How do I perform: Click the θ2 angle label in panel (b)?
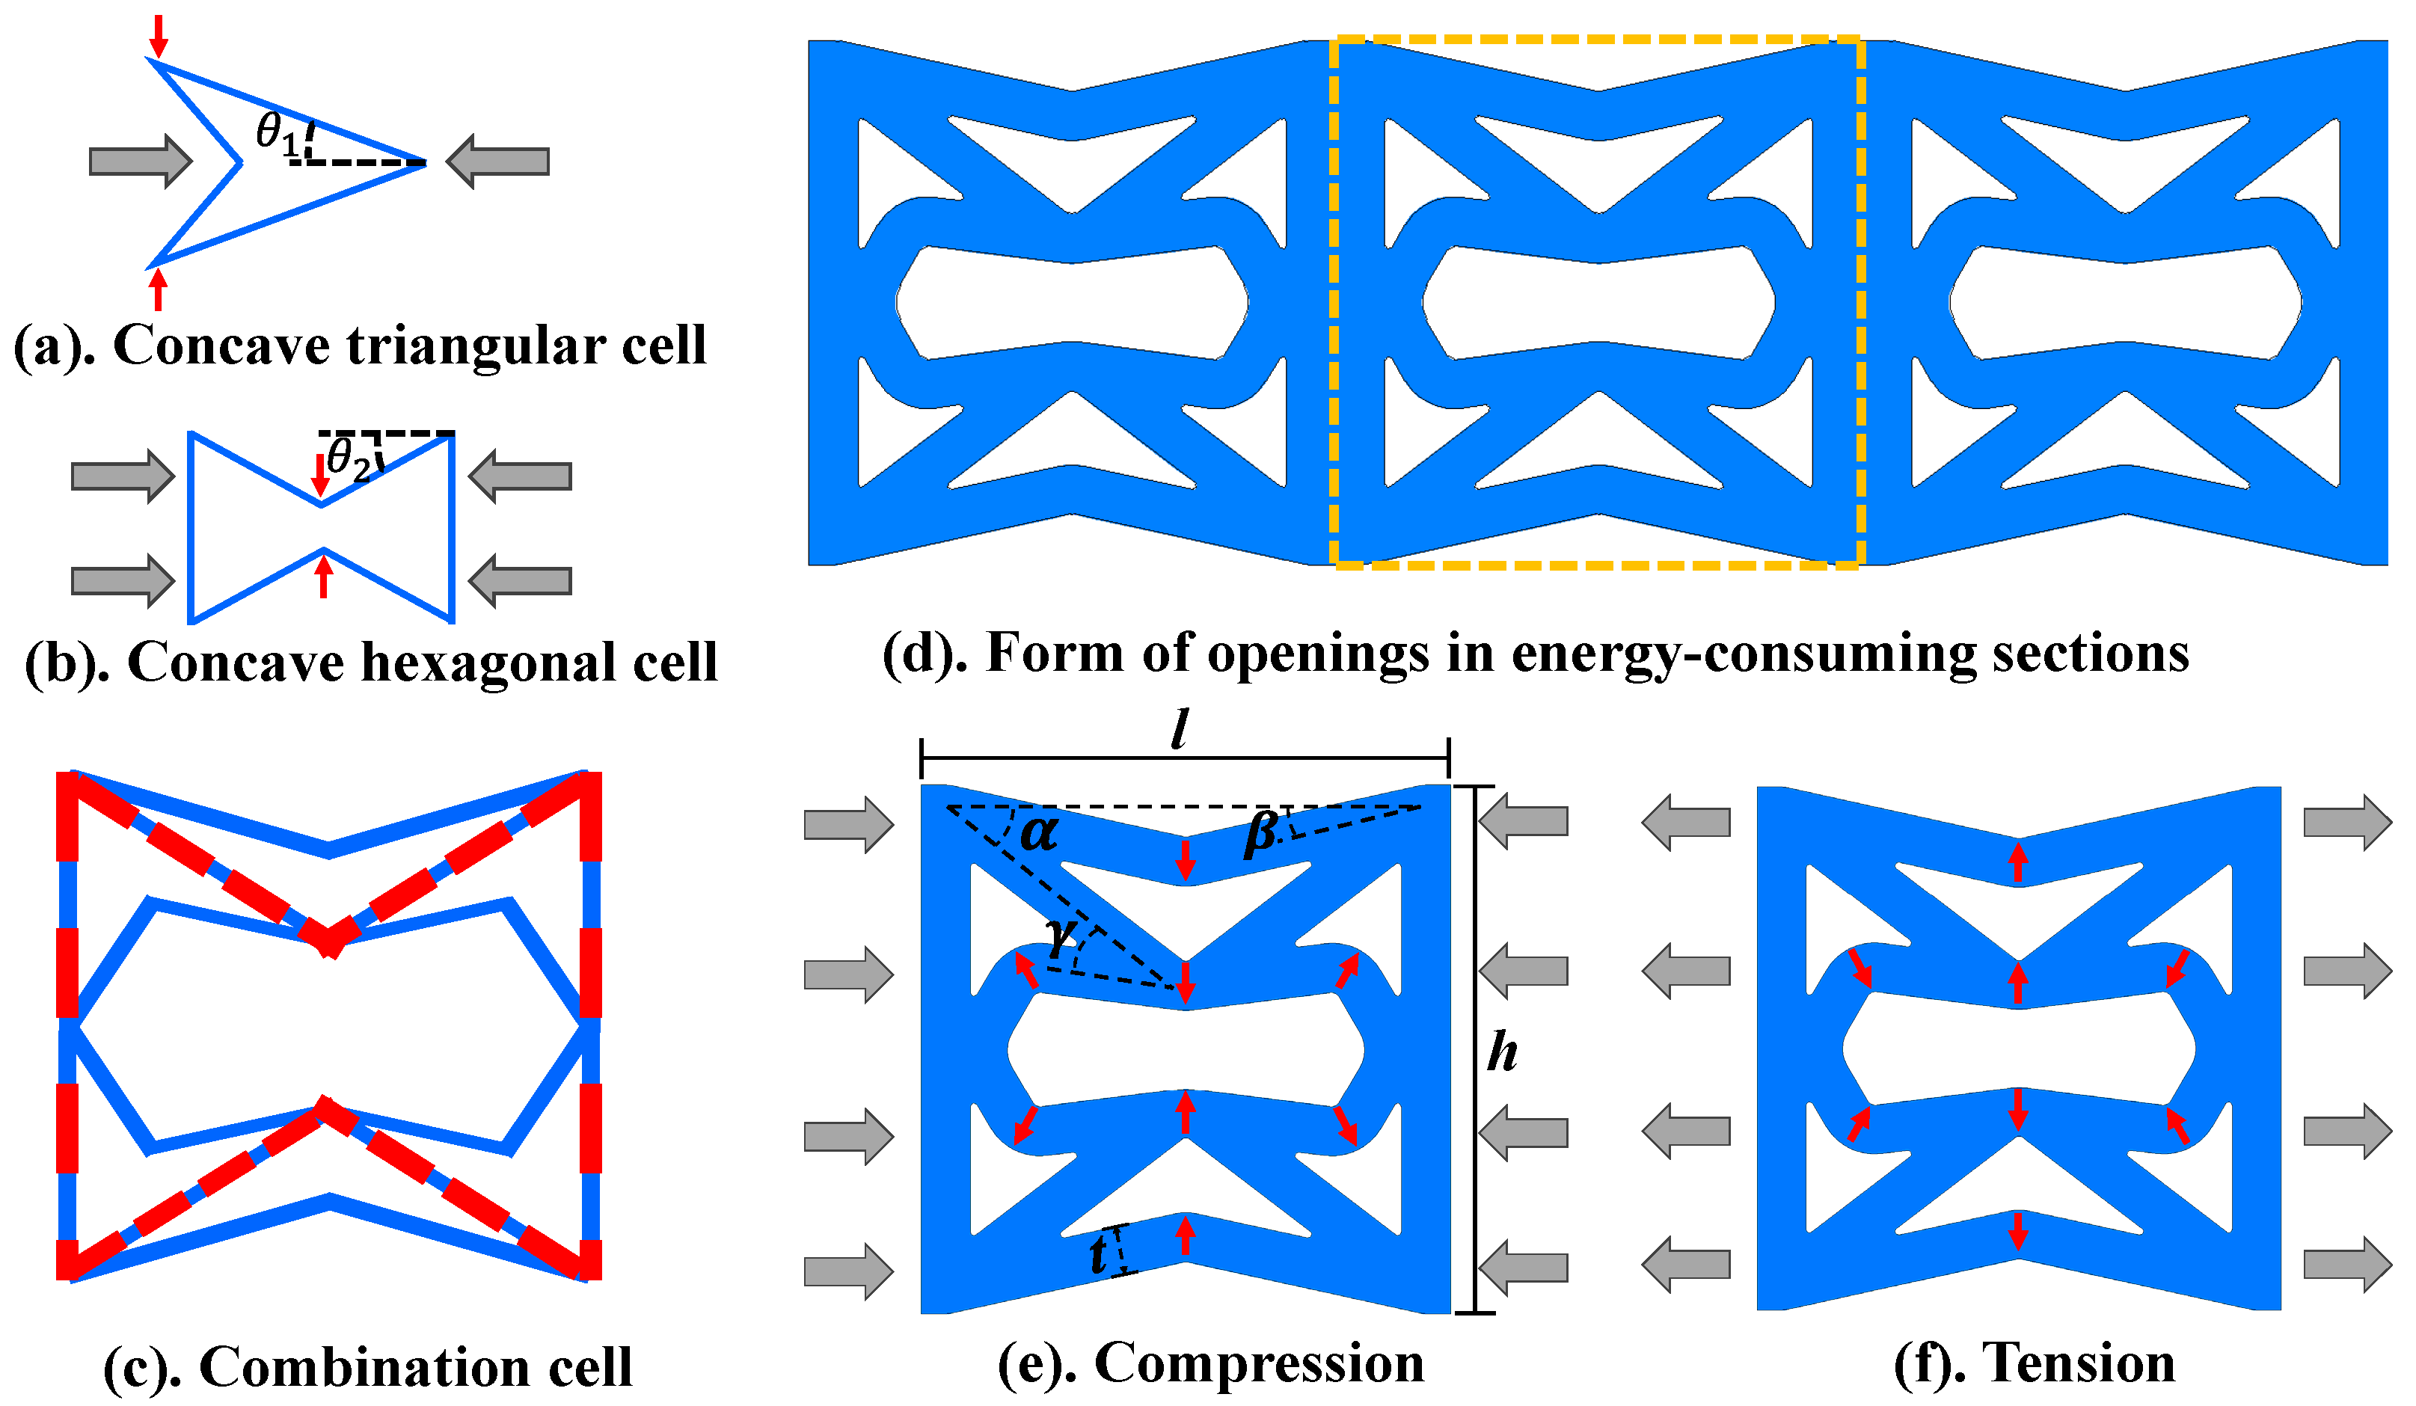347,459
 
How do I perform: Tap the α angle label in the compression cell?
1038,832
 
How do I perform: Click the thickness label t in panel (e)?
1099,1253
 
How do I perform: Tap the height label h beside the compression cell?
1501,1052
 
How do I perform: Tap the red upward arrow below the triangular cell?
158,289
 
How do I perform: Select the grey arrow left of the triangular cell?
140,161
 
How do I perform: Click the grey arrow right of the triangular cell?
499,161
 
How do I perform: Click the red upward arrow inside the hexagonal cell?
324,576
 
